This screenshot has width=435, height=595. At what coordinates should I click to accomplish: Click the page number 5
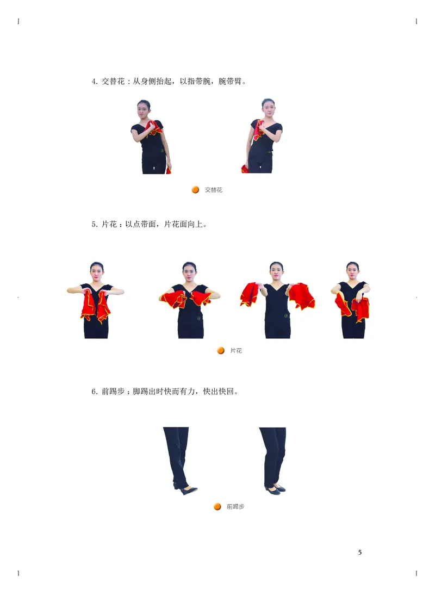click(x=360, y=553)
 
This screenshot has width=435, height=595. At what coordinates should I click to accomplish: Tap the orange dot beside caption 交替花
click(x=195, y=190)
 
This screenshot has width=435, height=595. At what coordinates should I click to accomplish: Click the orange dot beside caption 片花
click(x=221, y=351)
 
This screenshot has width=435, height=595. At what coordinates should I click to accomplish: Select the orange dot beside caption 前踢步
click(x=217, y=506)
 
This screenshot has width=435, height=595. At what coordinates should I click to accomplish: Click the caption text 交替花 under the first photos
click(x=214, y=190)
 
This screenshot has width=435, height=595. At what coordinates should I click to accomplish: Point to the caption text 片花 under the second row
click(x=236, y=351)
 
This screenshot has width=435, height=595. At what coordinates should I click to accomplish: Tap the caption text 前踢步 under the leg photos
click(x=235, y=507)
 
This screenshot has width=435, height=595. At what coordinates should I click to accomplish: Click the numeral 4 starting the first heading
click(x=94, y=82)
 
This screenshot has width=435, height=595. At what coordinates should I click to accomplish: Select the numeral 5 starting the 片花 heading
click(x=94, y=224)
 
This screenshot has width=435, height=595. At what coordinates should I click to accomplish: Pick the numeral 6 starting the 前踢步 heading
click(x=94, y=391)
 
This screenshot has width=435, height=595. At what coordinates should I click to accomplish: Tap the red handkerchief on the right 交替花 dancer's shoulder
click(x=258, y=129)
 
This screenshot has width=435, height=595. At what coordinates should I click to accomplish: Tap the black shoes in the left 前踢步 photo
click(x=186, y=489)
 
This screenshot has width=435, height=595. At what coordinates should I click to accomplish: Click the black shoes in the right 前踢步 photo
click(x=276, y=489)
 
